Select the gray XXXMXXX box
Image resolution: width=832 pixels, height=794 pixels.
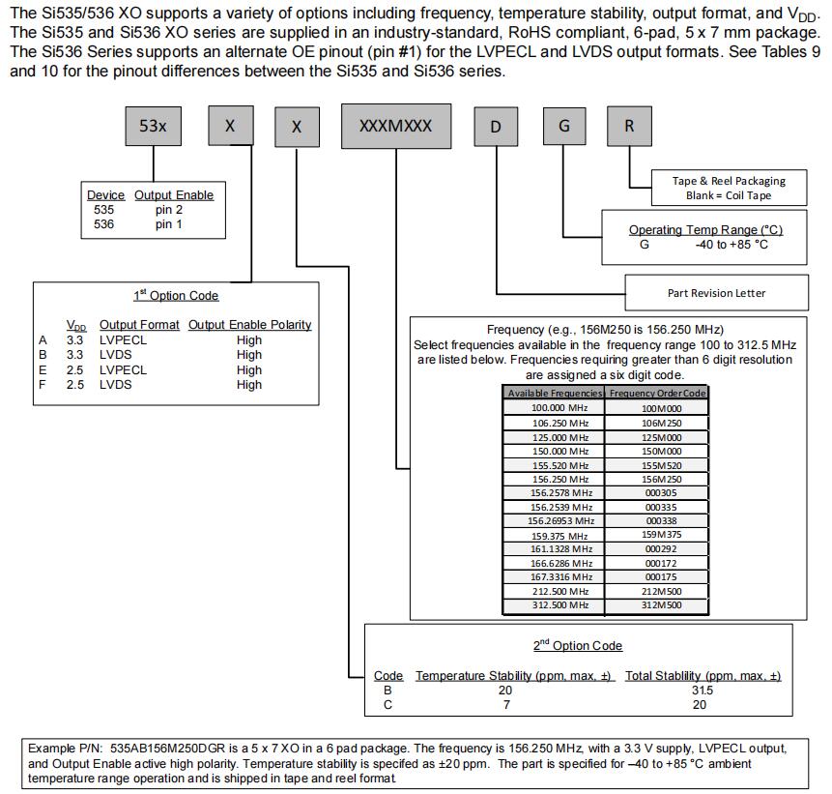pyautogui.click(x=396, y=127)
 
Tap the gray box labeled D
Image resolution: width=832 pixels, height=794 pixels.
pyautogui.click(x=496, y=127)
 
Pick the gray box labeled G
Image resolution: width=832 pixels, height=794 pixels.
pyautogui.click(x=563, y=127)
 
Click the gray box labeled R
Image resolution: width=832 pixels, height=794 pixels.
pyautogui.click(x=629, y=127)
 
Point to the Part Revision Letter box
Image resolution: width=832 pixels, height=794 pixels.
pyautogui.click(x=716, y=292)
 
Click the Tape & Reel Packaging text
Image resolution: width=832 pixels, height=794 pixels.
pyautogui.click(x=729, y=181)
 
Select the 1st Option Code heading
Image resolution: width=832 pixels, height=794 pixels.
pyautogui.click(x=176, y=296)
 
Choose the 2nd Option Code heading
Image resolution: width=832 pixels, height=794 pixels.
pyautogui.click(x=578, y=645)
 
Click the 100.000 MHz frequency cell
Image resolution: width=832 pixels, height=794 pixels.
pyautogui.click(x=555, y=408)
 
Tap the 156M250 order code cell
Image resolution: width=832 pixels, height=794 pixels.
pyautogui.click(x=661, y=479)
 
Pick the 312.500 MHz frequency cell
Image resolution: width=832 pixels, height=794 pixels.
pyautogui.click(x=555, y=605)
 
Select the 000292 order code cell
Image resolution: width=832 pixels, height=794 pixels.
pyautogui.click(x=661, y=549)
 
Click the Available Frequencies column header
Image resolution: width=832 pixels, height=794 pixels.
pyautogui.click(x=555, y=394)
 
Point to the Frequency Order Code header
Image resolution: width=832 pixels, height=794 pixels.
pyautogui.click(x=658, y=394)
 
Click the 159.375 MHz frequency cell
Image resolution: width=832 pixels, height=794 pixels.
pyautogui.click(x=555, y=536)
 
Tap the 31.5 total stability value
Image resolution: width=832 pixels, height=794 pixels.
pyautogui.click(x=703, y=691)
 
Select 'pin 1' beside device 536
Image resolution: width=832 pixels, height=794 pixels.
pyautogui.click(x=169, y=224)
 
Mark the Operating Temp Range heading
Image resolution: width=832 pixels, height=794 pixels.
pyautogui.click(x=705, y=230)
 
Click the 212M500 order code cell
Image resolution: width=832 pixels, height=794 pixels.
pyautogui.click(x=661, y=591)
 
